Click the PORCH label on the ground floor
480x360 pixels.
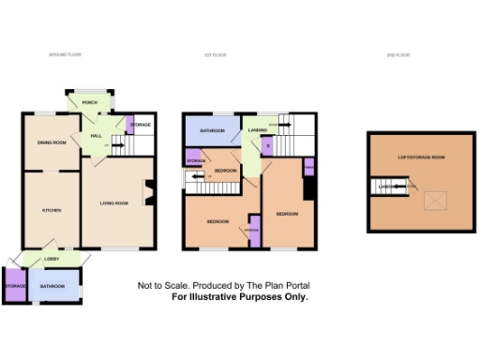point(90,102)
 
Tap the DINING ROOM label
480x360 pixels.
point(52,142)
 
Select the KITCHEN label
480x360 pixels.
point(51,211)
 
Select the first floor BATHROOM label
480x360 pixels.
point(212,131)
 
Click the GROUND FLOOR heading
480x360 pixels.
point(66,55)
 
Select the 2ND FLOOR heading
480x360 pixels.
point(397,55)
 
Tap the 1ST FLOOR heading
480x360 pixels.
point(217,55)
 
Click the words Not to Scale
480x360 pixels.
point(158,285)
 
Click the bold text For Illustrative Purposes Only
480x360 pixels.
point(239,295)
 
